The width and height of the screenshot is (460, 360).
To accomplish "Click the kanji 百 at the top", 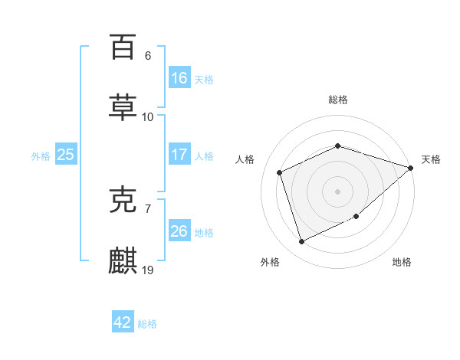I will coord(123,47).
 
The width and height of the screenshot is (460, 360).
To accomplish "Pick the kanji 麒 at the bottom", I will coord(123,261).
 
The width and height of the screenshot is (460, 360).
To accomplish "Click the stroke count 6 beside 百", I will coord(147,55).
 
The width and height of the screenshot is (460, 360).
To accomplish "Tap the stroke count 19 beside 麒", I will coord(148,270).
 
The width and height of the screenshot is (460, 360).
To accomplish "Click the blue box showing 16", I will coord(179,78).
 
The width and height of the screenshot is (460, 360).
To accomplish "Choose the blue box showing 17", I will coord(179,155).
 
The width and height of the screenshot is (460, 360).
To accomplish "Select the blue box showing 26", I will coord(179,231).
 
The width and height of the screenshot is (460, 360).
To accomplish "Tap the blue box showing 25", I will coord(66,155).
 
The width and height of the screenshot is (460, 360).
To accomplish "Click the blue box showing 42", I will coord(123,322).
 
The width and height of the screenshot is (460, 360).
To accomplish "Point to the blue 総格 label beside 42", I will coord(147,324).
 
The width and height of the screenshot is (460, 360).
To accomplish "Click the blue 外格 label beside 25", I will coord(41,156).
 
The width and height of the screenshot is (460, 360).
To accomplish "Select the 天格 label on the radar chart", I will coord(431,159).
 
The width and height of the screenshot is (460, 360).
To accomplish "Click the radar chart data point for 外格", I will coord(301,242).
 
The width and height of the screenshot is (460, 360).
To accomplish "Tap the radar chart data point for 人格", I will coord(280,172).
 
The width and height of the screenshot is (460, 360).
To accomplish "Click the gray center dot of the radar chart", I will coord(337,191).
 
